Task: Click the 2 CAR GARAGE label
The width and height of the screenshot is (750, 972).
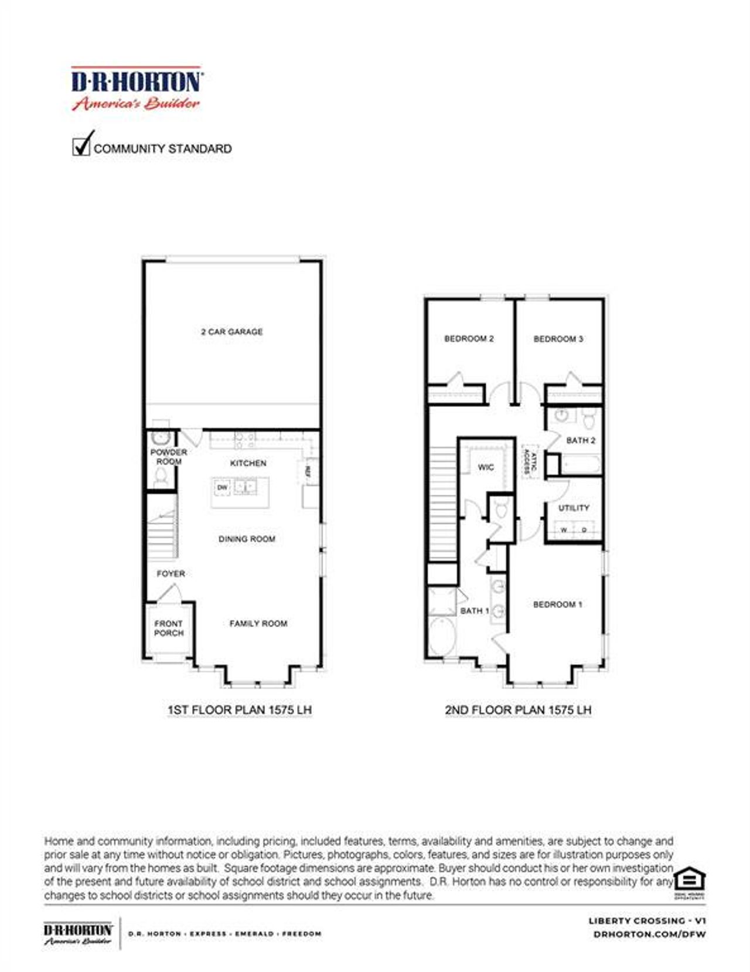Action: (x=232, y=332)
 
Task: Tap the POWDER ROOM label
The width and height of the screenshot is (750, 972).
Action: (x=169, y=457)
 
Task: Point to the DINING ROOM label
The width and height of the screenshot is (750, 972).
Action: (x=247, y=539)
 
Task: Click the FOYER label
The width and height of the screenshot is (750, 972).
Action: (x=171, y=573)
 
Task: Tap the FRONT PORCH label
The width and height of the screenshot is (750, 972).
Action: (x=169, y=628)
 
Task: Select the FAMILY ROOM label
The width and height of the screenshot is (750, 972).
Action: (x=258, y=623)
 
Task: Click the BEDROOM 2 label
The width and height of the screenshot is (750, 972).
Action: (x=469, y=339)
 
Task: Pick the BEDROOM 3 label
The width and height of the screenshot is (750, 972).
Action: (x=558, y=339)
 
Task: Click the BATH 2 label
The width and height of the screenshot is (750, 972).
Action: (x=581, y=440)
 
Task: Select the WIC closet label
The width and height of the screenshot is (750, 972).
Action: (x=486, y=467)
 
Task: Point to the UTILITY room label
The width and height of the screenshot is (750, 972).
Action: (x=574, y=508)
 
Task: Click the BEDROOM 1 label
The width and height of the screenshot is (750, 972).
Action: (x=557, y=604)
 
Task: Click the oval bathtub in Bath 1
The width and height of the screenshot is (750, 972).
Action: (x=442, y=636)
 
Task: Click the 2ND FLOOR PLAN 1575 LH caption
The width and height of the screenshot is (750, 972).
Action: (x=518, y=710)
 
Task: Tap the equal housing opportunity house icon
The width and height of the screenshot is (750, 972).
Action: (x=689, y=879)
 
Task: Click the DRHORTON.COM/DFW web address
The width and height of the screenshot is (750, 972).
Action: (x=649, y=934)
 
